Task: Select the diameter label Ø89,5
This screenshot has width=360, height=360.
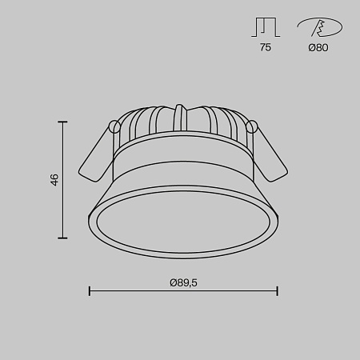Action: point(182,282)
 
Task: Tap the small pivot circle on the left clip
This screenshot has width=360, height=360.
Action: point(114,126)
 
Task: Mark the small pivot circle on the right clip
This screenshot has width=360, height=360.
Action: point(252,126)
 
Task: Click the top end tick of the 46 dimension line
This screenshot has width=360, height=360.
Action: point(63,121)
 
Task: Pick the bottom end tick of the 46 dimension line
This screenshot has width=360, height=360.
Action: point(63,238)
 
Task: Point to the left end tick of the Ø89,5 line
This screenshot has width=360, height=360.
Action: point(89,291)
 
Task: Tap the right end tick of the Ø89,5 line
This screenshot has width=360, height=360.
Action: point(277,291)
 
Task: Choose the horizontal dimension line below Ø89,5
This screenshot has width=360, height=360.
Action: point(182,291)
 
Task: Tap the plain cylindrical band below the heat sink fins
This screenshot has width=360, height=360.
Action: point(182,164)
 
